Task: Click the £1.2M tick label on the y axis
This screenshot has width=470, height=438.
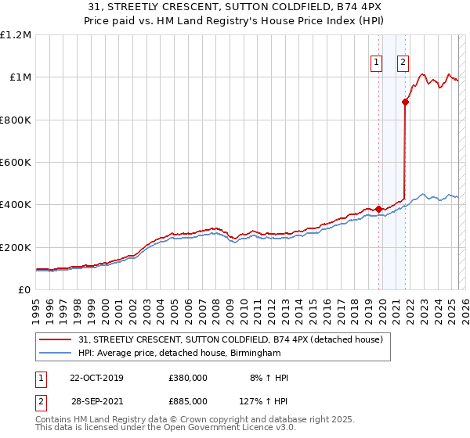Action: (16, 35)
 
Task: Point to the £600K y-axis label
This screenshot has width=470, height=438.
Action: (16, 163)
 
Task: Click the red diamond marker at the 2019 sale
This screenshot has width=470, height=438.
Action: (378, 209)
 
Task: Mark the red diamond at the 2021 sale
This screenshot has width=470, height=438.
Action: (405, 102)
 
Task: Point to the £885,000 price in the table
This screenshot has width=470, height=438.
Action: (188, 401)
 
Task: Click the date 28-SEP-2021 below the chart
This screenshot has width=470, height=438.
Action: (97, 401)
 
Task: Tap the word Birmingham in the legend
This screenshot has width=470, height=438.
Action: (255, 354)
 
